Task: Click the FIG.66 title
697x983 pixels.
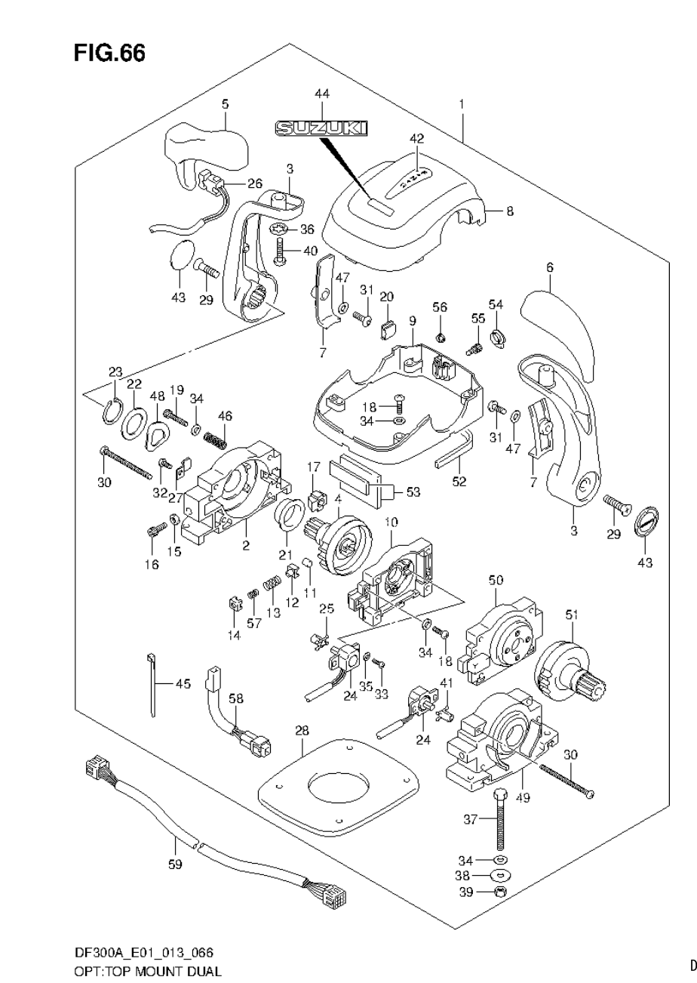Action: click(109, 54)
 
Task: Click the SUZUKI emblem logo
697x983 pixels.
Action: click(322, 129)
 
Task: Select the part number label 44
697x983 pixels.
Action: click(322, 94)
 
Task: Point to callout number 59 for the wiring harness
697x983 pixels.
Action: click(175, 865)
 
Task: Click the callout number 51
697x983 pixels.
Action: click(571, 615)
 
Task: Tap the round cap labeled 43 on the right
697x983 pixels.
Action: click(648, 522)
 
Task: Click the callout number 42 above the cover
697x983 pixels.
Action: click(416, 139)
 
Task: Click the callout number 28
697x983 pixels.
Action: click(302, 731)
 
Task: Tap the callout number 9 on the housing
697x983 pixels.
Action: click(412, 321)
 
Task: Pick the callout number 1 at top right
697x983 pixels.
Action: click(461, 103)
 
